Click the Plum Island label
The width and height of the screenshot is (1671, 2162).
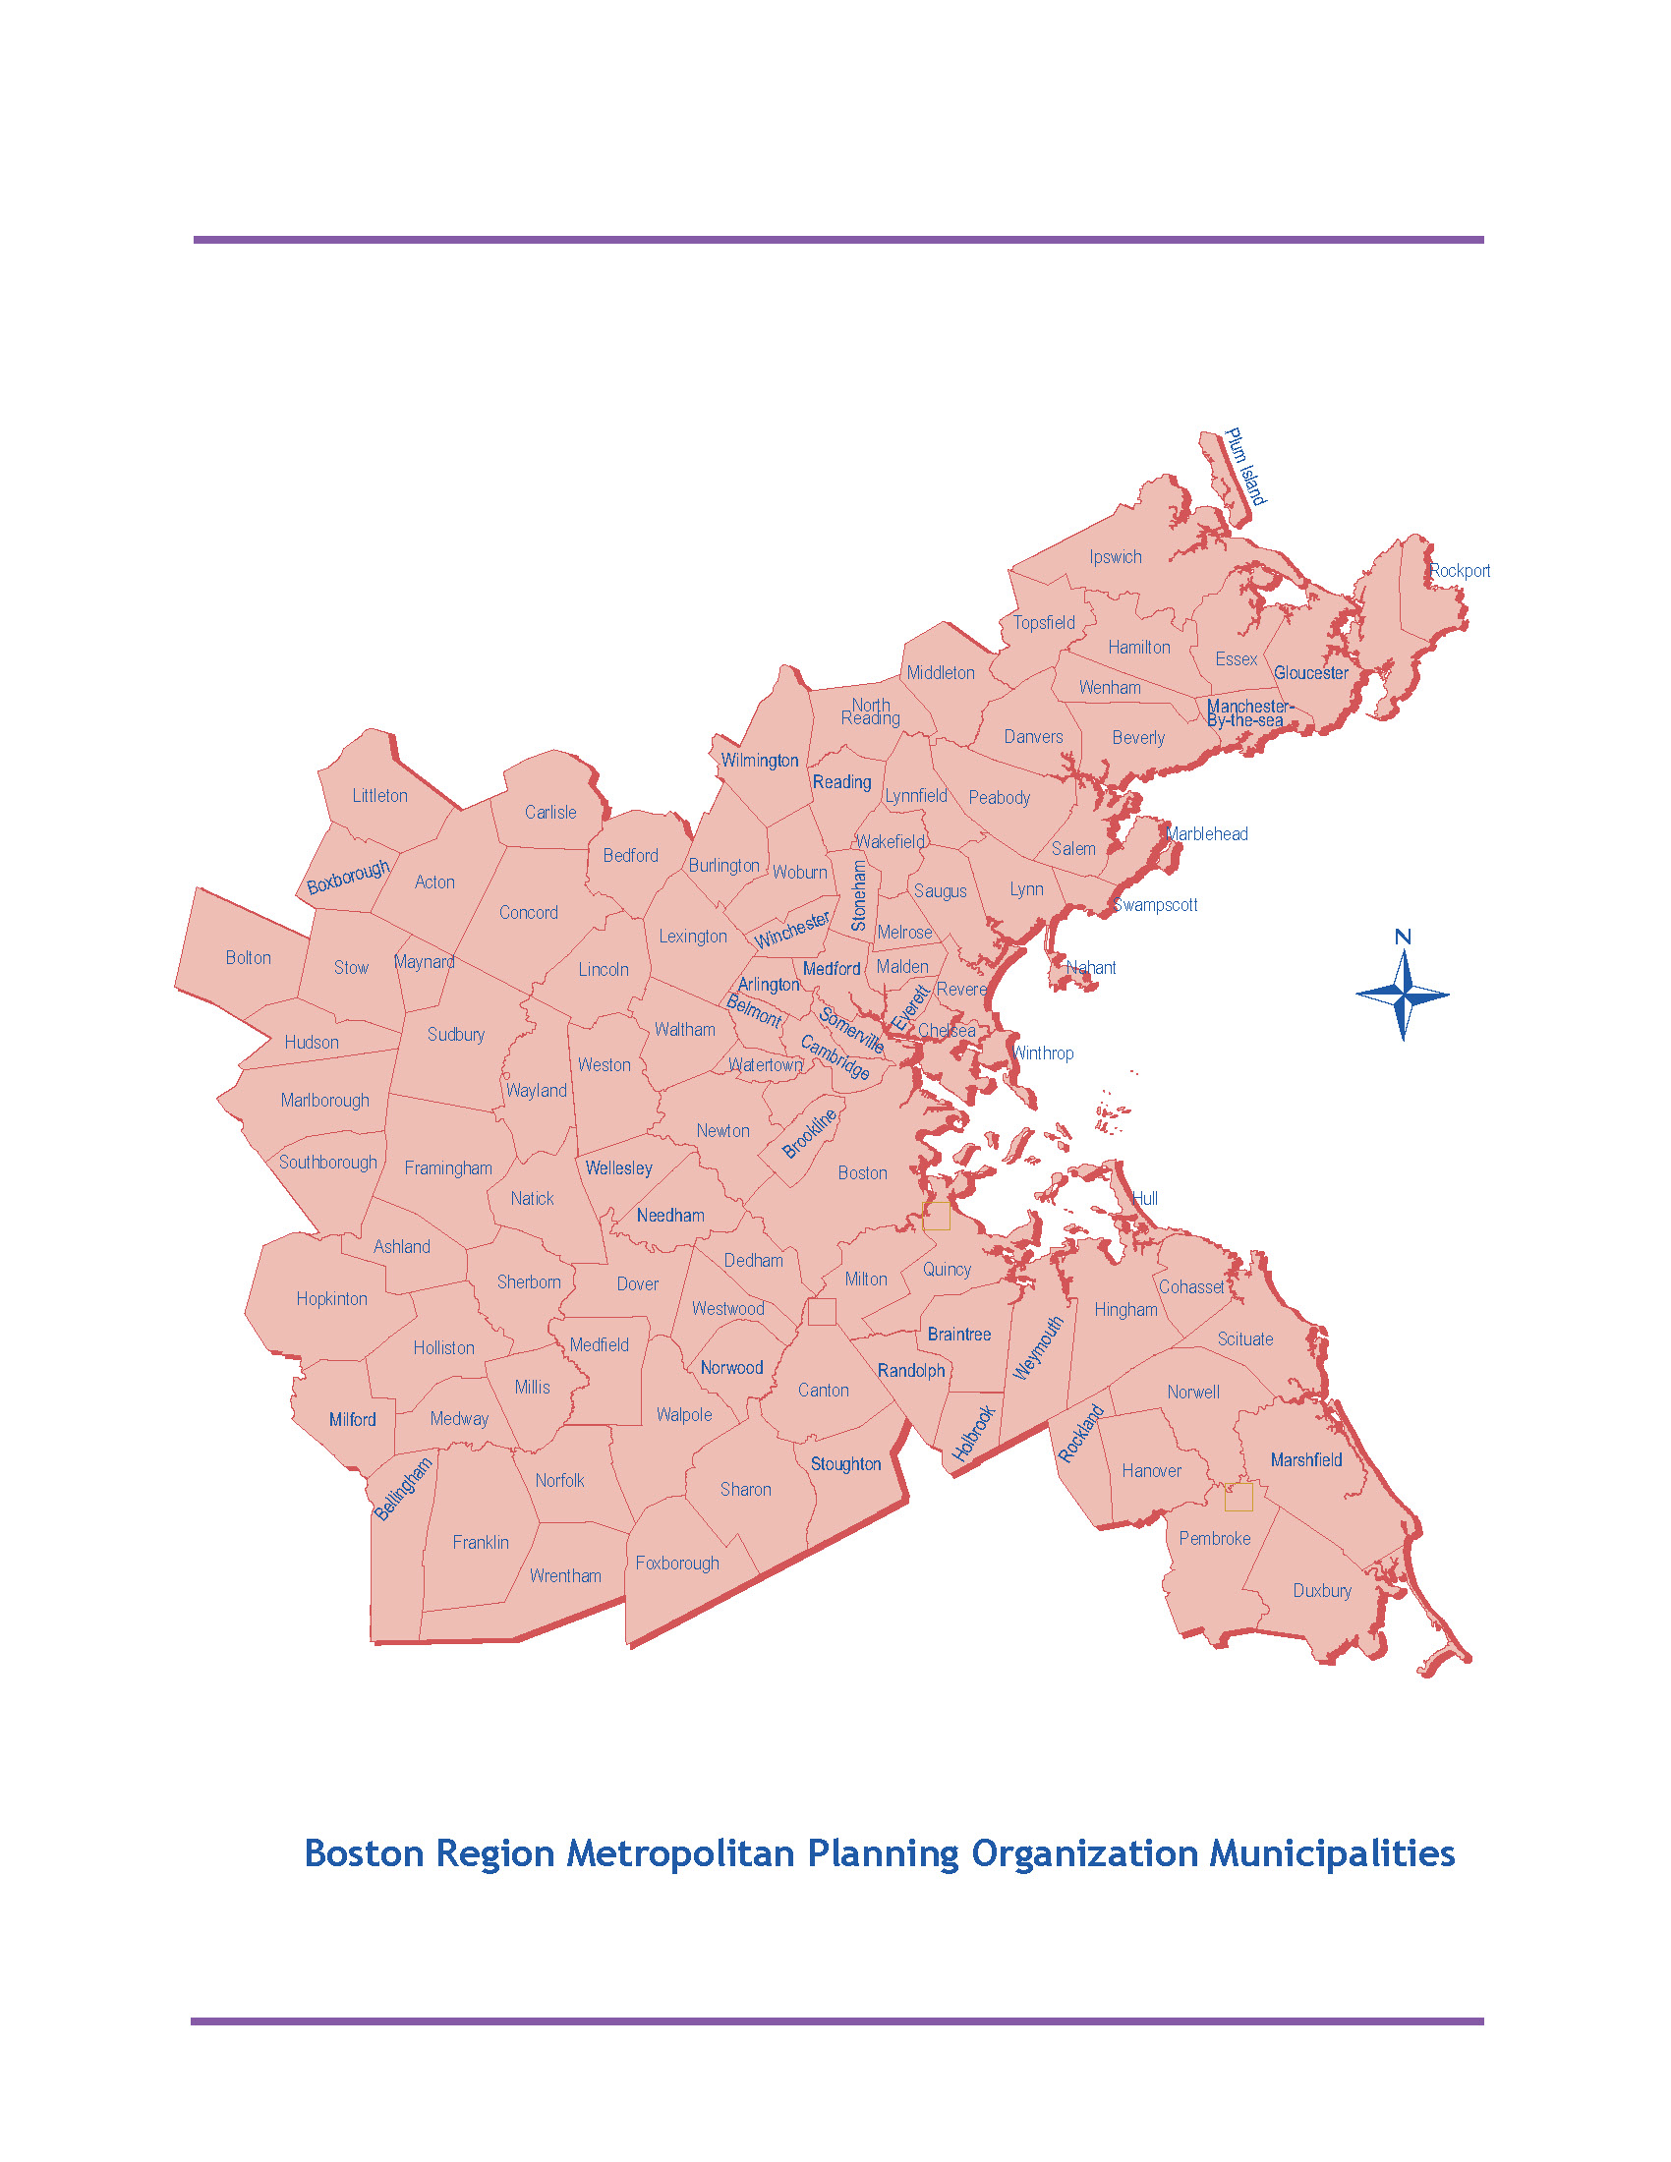tap(1245, 466)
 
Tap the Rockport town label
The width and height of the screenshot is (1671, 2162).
tap(1459, 571)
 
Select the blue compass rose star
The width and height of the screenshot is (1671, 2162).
tap(1403, 996)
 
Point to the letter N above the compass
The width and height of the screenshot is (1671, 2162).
tap(1403, 937)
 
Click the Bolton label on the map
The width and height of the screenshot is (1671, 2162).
tap(249, 957)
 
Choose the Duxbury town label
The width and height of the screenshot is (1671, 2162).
tap(1321, 1590)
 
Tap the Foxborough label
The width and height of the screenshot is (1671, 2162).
tap(677, 1564)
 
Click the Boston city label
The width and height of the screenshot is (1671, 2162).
tap(862, 1173)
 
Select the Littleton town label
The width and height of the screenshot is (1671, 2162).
tap(380, 796)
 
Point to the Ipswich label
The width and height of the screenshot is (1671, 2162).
tap(1116, 557)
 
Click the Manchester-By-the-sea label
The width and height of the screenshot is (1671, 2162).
tap(1249, 712)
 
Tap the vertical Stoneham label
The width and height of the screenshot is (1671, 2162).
tap(859, 895)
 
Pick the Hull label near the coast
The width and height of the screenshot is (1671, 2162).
tap(1145, 1199)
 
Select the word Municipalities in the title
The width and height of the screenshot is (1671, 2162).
tap(1332, 1853)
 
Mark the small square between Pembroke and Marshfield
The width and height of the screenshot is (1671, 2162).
tap(1239, 1497)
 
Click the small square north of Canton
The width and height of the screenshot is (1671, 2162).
tap(822, 1312)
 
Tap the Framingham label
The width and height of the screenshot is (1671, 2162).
tap(448, 1168)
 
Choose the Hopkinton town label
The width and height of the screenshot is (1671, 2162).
tap(331, 1299)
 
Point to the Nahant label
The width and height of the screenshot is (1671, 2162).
tap(1091, 968)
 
